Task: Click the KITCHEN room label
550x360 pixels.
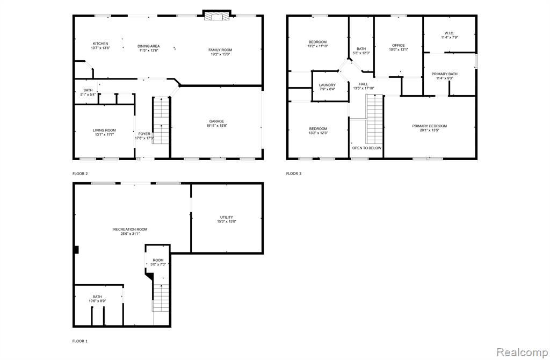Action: coord(100,44)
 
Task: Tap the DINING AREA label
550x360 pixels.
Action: coord(148,46)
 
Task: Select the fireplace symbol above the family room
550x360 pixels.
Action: coord(217,16)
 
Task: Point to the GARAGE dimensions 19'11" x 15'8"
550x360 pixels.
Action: coord(217,126)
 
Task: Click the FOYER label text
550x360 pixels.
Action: coord(144,134)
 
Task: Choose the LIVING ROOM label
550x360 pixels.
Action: coord(104,130)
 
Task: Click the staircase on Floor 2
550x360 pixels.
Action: coord(161,120)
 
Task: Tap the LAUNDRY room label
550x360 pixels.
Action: coord(327,85)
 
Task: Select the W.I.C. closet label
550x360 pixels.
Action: coord(450,33)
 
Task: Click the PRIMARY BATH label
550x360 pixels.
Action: coord(444,74)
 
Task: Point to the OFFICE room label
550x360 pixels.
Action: coord(399,45)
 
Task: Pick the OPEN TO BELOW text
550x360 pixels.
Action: coord(366,148)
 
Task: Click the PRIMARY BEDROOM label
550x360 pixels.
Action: coord(429,126)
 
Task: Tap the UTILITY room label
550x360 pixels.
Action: coord(227,217)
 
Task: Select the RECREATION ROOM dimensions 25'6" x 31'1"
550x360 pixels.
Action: coord(130,234)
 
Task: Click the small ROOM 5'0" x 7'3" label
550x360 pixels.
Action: coord(158,262)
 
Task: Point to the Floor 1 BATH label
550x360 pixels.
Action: coord(97,297)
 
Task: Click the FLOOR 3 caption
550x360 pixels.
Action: coord(294,174)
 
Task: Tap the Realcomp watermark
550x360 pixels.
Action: coord(522,352)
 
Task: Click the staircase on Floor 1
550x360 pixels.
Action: coord(161,298)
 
